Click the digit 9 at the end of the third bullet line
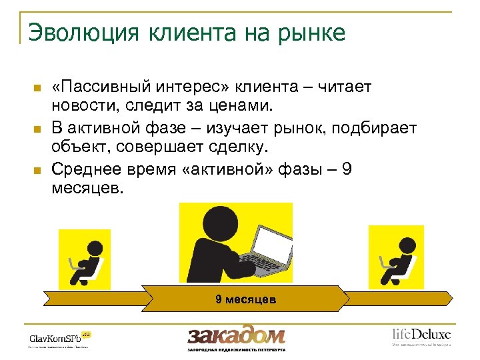346,169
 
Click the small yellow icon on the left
85,259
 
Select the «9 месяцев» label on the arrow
245,300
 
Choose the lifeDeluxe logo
421,334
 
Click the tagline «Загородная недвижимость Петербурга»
236,349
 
